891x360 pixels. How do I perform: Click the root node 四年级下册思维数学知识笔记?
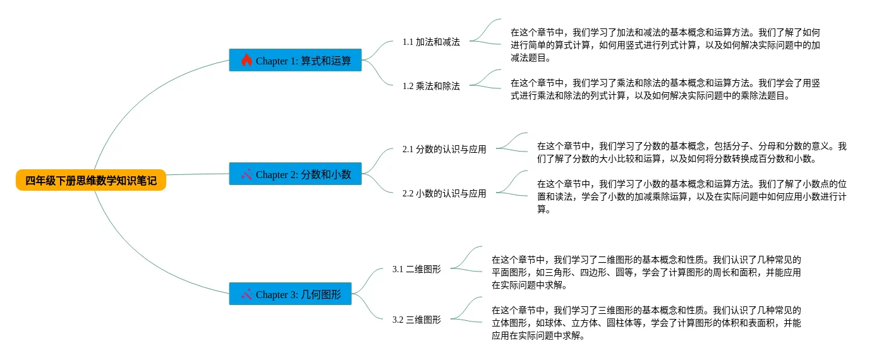[x=91, y=181]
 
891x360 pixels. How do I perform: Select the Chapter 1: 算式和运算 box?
[x=295, y=61]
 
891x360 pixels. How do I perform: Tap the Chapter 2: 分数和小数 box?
[x=295, y=174]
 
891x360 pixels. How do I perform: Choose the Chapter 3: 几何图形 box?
[x=290, y=294]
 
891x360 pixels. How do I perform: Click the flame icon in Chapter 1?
[x=246, y=61]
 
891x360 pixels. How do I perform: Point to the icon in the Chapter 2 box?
[x=246, y=174]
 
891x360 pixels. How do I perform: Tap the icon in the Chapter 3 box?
[x=246, y=294]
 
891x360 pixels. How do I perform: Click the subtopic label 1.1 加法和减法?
[x=431, y=42]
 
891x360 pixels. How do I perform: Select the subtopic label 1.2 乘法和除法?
[x=431, y=87]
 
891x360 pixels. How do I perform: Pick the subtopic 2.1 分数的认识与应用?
[x=444, y=150]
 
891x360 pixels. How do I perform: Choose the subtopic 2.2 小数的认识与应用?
[x=444, y=194]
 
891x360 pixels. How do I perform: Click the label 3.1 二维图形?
[x=416, y=269]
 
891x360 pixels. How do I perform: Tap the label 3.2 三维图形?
[x=416, y=320]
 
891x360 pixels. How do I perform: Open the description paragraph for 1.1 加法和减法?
[x=665, y=45]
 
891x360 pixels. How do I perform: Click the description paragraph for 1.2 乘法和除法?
[x=665, y=89]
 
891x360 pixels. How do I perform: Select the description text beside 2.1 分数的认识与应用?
[x=691, y=152]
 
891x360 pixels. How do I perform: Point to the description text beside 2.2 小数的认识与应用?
[x=691, y=196]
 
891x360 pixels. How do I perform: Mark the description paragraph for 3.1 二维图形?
[x=646, y=272]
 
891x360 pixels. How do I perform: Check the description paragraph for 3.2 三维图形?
[x=646, y=323]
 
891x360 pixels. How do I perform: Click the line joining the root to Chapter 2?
[x=197, y=174]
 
